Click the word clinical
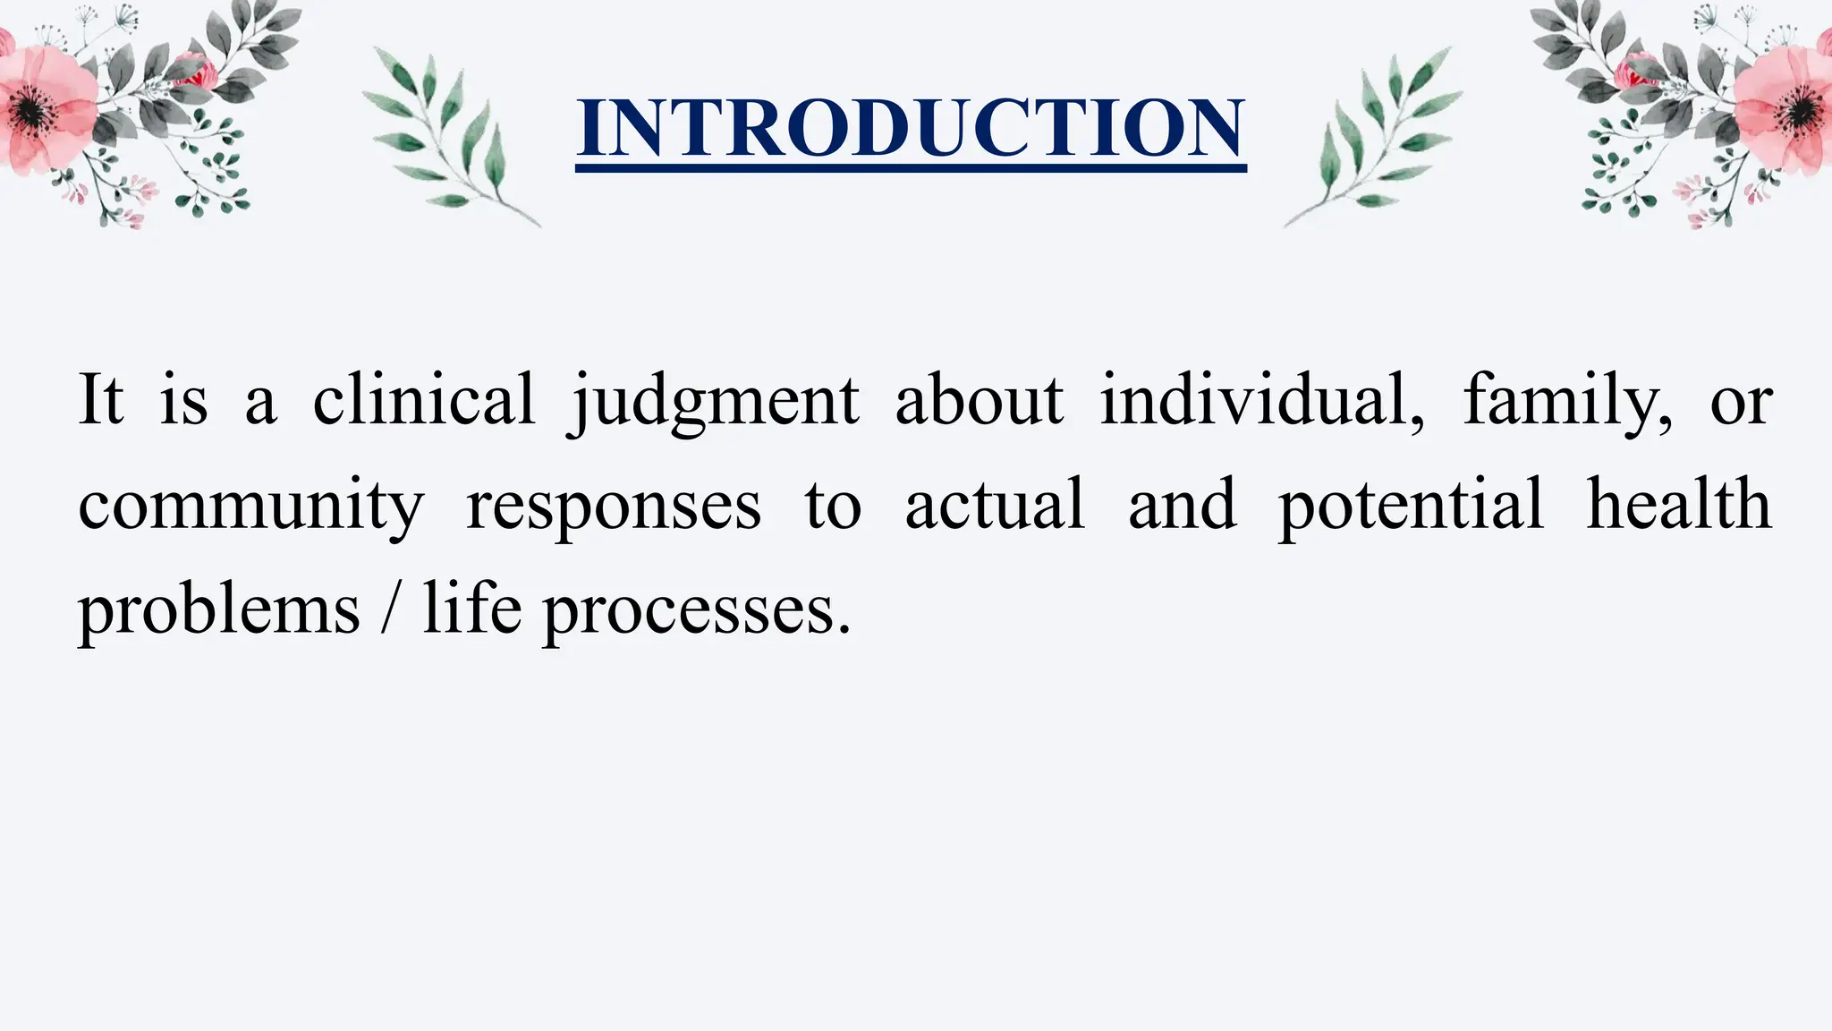pyautogui.click(x=423, y=399)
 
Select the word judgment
pyautogui.click(x=714, y=401)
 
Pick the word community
pyautogui.click(x=251, y=507)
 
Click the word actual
pyautogui.click(x=995, y=505)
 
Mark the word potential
pyautogui.click(x=1411, y=507)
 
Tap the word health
pyautogui.click(x=1679, y=505)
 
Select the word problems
pyautogui.click(x=219, y=612)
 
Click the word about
pyautogui.click(x=980, y=399)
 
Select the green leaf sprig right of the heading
pyautogui.click(x=1378, y=134)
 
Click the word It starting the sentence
pyautogui.click(x=100, y=399)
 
